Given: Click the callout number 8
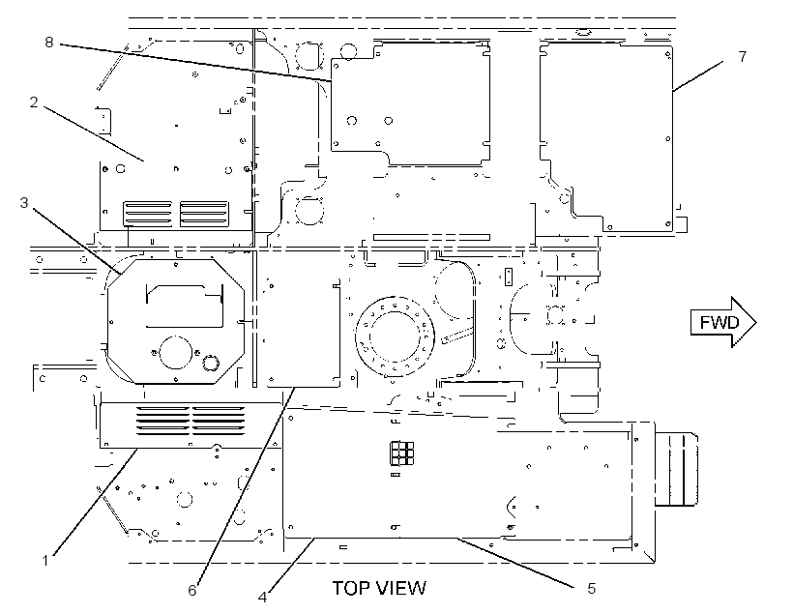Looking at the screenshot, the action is (49, 42).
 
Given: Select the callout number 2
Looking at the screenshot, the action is (34, 102).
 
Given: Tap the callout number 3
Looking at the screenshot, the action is (24, 203).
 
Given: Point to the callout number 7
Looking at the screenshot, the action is (742, 56).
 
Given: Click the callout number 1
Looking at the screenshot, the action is (45, 561).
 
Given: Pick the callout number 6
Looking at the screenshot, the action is (192, 590).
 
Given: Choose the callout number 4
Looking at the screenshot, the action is (262, 598).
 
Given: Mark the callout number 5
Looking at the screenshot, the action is (591, 588).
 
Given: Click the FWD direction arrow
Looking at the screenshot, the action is (723, 322).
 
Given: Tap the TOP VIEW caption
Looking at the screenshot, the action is (379, 588).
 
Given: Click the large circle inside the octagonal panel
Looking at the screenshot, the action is (175, 353).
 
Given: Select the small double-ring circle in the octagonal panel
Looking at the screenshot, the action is (210, 363).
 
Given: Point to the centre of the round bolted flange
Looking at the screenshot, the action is (395, 336).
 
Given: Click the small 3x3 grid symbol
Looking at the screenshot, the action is (401, 453).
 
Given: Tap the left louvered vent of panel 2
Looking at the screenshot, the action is (147, 214).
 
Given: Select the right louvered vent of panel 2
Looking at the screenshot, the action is (204, 214).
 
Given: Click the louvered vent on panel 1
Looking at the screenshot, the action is (191, 421).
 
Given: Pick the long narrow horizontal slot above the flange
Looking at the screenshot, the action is (431, 237).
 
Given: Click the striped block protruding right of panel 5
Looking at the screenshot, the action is (676, 469).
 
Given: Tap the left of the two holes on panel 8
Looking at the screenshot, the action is (351, 121).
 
